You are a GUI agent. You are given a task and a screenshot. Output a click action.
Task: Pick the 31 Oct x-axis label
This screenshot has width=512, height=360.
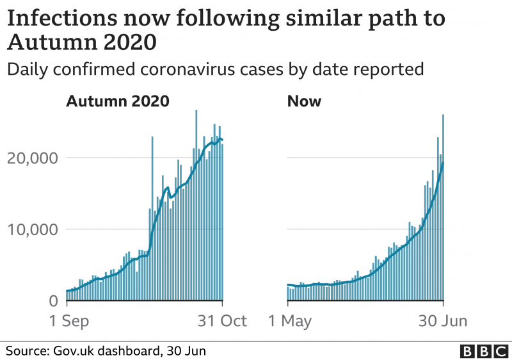click(221, 320)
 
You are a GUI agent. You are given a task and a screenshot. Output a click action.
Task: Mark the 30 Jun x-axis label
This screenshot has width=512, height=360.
click(443, 320)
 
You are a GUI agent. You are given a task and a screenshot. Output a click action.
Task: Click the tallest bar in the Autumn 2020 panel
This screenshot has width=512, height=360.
click(196, 205)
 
